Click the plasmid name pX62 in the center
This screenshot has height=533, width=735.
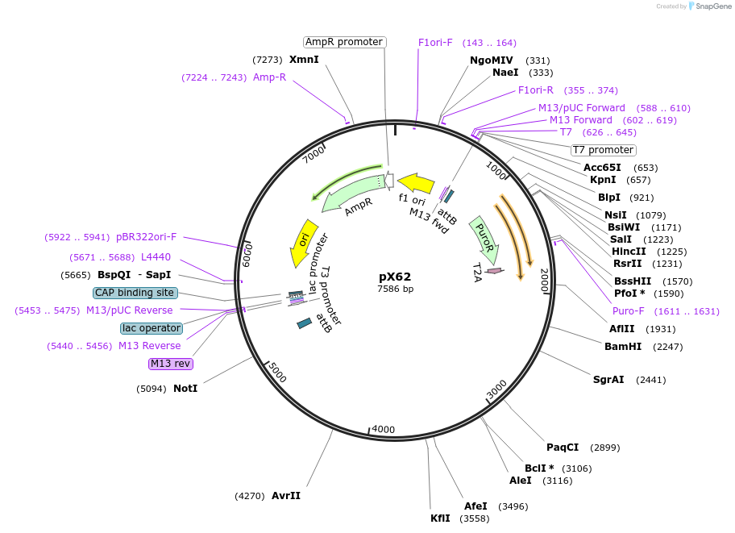[x=395, y=277]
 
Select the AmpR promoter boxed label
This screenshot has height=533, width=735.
[x=344, y=42]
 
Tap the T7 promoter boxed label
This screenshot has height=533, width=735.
[x=603, y=150]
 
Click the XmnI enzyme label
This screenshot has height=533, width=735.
[x=304, y=60]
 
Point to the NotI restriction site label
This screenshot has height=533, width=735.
[x=185, y=388]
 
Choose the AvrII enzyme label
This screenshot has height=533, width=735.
[x=286, y=496]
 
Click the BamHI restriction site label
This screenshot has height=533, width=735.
[x=623, y=346]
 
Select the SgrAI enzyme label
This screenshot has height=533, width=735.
[x=608, y=379]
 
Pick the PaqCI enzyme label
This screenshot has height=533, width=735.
[x=563, y=447]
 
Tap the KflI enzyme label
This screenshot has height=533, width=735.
[x=440, y=518]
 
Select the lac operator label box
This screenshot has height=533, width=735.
[x=152, y=328]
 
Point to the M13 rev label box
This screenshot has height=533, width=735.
[x=171, y=364]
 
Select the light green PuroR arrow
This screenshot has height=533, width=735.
[x=481, y=237]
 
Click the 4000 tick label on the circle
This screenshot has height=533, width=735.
[x=384, y=429]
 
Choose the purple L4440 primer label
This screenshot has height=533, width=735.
[x=156, y=257]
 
